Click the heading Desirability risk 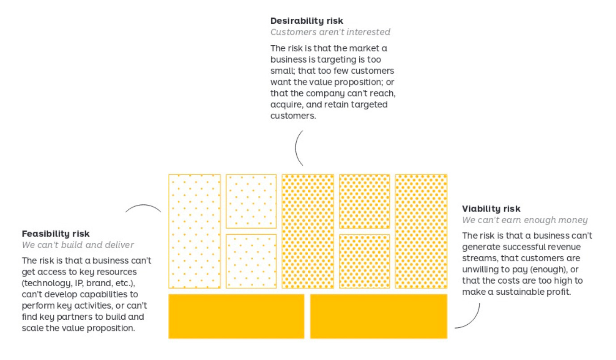(307, 21)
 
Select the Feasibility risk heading (55, 233)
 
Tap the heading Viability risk (491, 208)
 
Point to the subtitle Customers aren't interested (330, 32)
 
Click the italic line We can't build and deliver (78, 245)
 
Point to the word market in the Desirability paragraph (355, 48)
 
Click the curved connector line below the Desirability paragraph (297, 148)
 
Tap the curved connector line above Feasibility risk (143, 207)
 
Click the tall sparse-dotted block (194, 231)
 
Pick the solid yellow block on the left (236, 316)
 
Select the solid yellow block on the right (378, 316)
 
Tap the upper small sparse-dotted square (251, 201)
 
